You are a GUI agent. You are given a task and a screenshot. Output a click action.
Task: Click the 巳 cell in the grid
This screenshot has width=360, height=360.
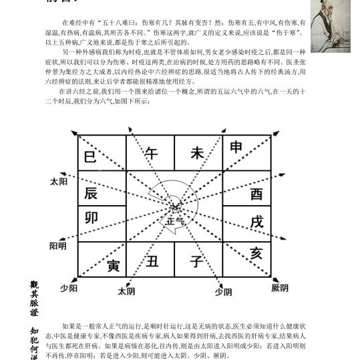[90, 158]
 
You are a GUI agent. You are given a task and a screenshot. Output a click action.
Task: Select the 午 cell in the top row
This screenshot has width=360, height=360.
[151, 153]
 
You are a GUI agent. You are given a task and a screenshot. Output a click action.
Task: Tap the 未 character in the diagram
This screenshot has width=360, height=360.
[197, 153]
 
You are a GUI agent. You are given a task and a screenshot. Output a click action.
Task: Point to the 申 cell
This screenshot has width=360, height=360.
[237, 148]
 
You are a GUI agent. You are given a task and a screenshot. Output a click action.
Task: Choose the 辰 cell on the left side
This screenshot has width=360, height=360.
[91, 194]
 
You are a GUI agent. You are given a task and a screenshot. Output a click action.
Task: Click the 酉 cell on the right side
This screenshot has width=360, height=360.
[256, 194]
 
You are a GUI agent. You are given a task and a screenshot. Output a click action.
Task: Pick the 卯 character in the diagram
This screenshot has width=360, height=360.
[91, 218]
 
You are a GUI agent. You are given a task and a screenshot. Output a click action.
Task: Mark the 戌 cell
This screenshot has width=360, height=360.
[256, 221]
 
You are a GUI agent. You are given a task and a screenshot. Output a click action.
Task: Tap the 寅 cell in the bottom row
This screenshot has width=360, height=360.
[112, 266]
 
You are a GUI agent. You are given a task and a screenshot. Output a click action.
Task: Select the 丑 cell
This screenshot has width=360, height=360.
[153, 261]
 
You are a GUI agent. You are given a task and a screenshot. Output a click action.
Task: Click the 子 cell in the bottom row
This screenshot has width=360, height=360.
[196, 261]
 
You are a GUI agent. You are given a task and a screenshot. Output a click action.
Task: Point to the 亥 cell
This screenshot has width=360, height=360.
[256, 254]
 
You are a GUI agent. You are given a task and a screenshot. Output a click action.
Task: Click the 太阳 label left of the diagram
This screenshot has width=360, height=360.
[58, 182]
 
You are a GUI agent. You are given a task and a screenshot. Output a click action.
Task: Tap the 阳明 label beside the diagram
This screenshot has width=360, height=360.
[58, 246]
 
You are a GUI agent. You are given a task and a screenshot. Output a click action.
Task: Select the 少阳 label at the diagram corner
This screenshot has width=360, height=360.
[67, 288]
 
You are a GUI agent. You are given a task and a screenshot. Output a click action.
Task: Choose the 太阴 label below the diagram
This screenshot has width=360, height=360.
[126, 291]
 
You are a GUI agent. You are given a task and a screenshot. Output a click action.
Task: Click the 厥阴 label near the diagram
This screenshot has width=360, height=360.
[280, 288]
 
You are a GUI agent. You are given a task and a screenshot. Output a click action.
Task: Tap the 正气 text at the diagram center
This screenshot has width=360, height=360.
[175, 220]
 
